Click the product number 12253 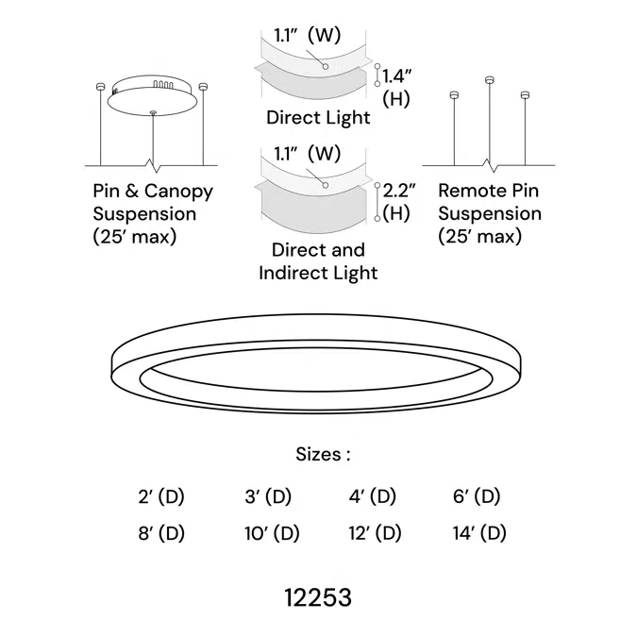[318, 597]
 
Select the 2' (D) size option [160, 496]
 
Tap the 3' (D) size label [268, 496]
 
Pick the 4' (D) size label [372, 496]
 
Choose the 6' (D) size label [476, 496]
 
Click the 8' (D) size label [160, 533]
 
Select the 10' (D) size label [272, 533]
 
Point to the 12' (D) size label [376, 533]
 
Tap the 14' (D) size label [479, 533]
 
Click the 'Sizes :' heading [323, 454]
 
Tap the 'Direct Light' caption [318, 118]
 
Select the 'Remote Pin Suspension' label [489, 213]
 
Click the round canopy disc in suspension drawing [154, 97]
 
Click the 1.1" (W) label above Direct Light [307, 36]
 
